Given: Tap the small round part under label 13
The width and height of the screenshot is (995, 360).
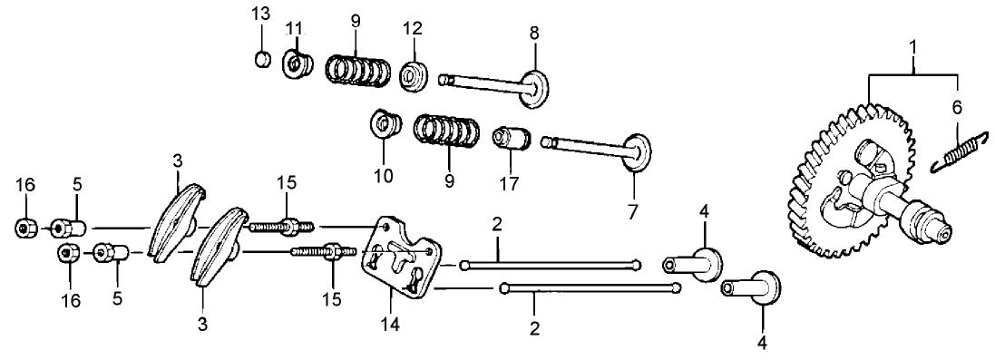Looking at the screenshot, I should (x=261, y=61).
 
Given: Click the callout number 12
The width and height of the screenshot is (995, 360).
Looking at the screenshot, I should (x=413, y=28).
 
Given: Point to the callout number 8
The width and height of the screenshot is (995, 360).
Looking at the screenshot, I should (x=534, y=33).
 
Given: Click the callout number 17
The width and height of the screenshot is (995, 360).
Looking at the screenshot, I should (x=508, y=180).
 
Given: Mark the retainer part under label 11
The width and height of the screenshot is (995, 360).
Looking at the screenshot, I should (x=297, y=65).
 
